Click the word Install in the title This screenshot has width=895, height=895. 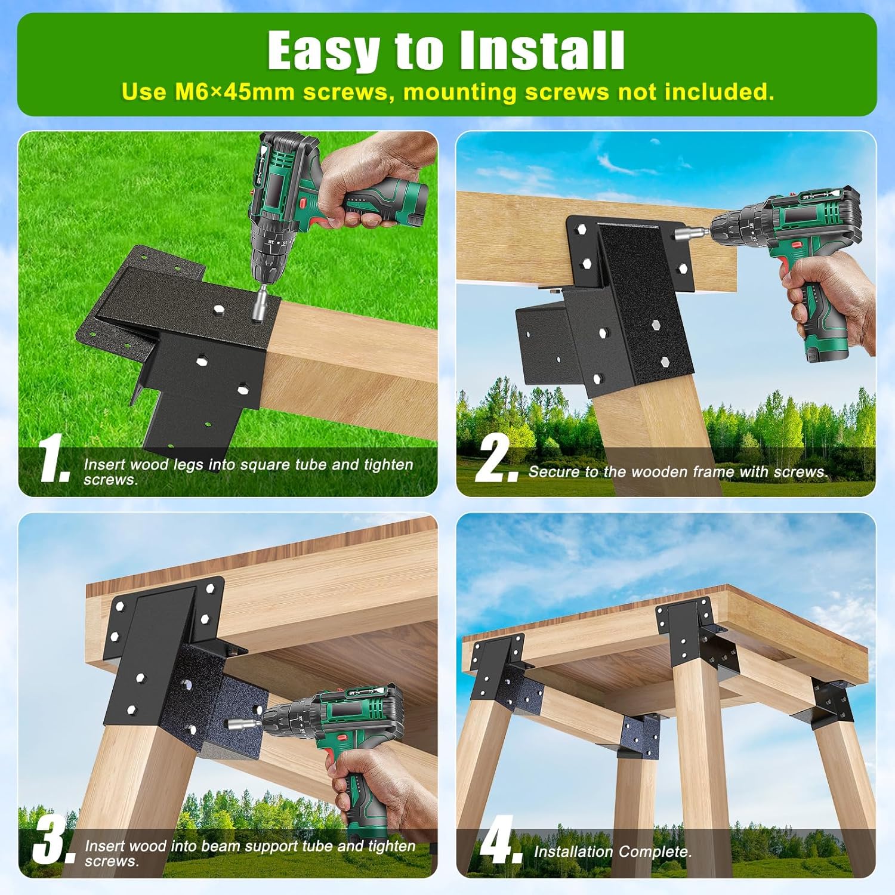click(542, 51)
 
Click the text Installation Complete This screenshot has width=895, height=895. click(613, 851)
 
